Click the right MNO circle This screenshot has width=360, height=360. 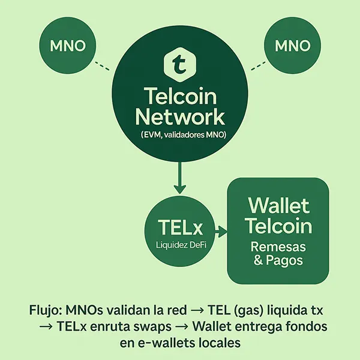coord(292,46)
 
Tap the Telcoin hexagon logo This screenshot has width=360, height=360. coord(180,62)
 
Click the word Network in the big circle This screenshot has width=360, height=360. coord(180,115)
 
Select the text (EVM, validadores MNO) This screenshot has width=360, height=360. coord(180,135)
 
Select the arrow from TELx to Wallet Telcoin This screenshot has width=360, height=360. coord(219,230)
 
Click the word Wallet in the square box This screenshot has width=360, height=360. coord(278,206)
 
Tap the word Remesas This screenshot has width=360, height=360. coord(278,247)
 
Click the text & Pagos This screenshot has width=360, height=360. coord(278,261)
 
